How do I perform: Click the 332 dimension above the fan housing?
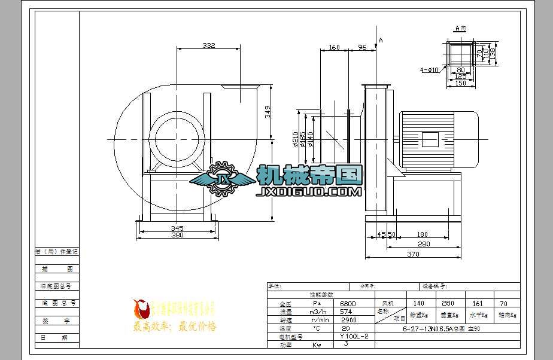(x=208, y=45)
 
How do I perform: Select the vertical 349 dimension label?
(x=268, y=111)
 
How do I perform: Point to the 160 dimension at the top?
(x=335, y=47)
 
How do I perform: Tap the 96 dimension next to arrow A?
(x=362, y=47)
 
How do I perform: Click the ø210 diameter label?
(x=296, y=139)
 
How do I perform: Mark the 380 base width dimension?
(x=177, y=236)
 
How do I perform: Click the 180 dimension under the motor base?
(x=423, y=235)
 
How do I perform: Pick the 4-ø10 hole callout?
(x=429, y=70)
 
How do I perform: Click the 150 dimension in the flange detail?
(x=460, y=84)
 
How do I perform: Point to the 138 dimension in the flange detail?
(x=493, y=53)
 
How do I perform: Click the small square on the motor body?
(x=430, y=139)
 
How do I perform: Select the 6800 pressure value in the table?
(x=348, y=304)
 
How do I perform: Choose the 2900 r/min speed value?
(x=348, y=320)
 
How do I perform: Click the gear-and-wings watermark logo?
(x=222, y=178)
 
